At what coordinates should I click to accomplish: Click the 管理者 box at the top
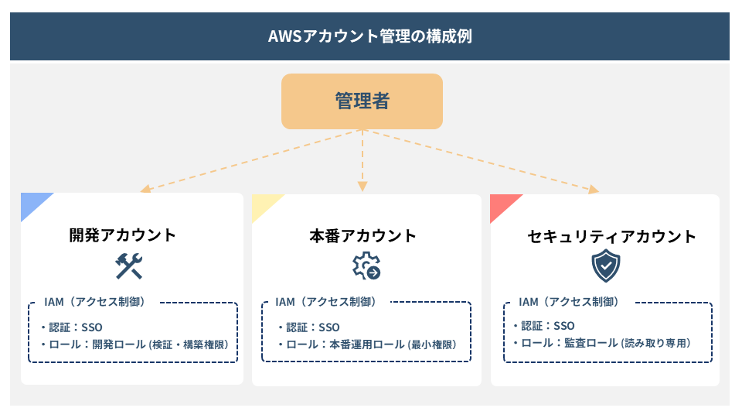(x=362, y=101)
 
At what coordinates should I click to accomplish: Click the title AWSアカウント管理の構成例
(x=369, y=36)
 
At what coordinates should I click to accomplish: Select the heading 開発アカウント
(x=122, y=235)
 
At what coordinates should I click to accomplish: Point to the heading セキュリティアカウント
(x=605, y=235)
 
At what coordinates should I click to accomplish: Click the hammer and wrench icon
(x=129, y=266)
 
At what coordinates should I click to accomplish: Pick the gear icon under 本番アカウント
(x=366, y=266)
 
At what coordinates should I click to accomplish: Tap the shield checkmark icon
(x=605, y=266)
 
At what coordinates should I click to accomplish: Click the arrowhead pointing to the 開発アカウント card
(x=144, y=189)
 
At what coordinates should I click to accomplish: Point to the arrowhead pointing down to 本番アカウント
(x=362, y=186)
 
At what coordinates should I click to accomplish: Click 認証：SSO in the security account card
(x=547, y=326)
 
